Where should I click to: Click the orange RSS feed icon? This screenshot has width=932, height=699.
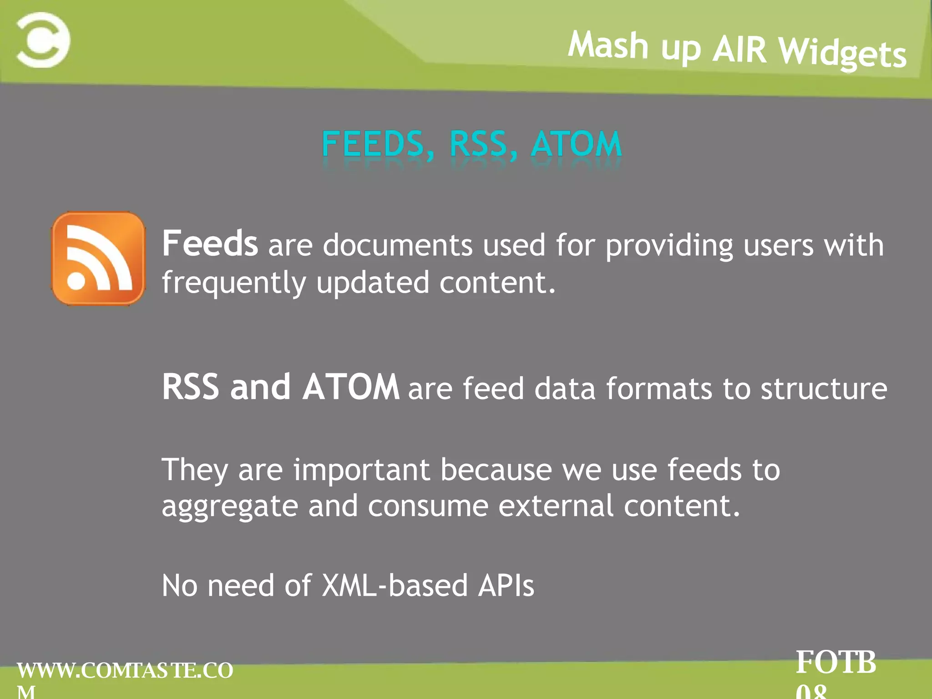98,258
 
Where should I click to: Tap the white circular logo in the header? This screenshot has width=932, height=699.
43,40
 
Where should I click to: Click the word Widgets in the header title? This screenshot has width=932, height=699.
842,53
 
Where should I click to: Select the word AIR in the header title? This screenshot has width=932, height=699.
740,49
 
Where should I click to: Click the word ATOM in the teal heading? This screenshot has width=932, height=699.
576,144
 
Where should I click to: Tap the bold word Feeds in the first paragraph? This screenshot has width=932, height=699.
210,243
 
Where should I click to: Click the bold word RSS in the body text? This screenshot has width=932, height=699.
190,387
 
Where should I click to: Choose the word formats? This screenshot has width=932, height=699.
659,389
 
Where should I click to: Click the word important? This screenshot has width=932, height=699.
361,470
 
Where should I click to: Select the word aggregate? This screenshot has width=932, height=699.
230,507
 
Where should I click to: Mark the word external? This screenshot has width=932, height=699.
556,506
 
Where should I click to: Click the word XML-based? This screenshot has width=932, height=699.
395,585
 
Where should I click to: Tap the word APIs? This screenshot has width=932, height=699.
506,585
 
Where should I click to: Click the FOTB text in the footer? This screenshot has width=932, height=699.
836,662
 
